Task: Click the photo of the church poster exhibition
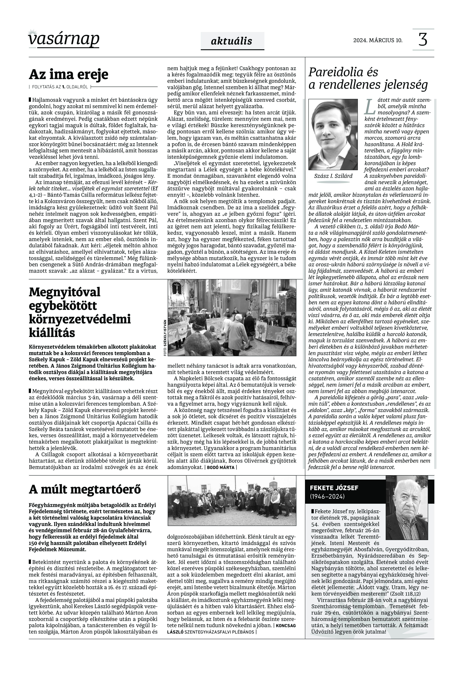click(x=232, y=318)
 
